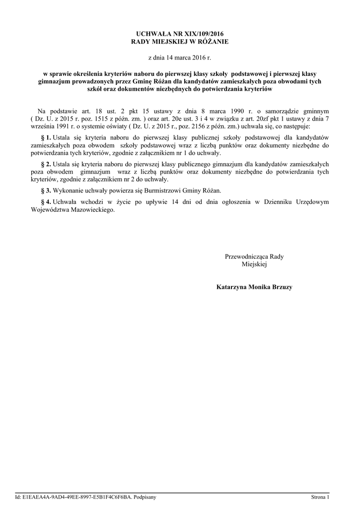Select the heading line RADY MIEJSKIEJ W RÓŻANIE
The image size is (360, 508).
pyautogui.click(x=180, y=42)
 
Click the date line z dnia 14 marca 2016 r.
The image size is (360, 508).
pyautogui.click(x=180, y=58)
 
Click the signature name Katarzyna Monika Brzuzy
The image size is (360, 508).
pyautogui.click(x=254, y=287)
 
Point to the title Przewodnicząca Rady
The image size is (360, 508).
pyautogui.click(x=254, y=256)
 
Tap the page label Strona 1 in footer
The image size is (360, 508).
pyautogui.click(x=320, y=496)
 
